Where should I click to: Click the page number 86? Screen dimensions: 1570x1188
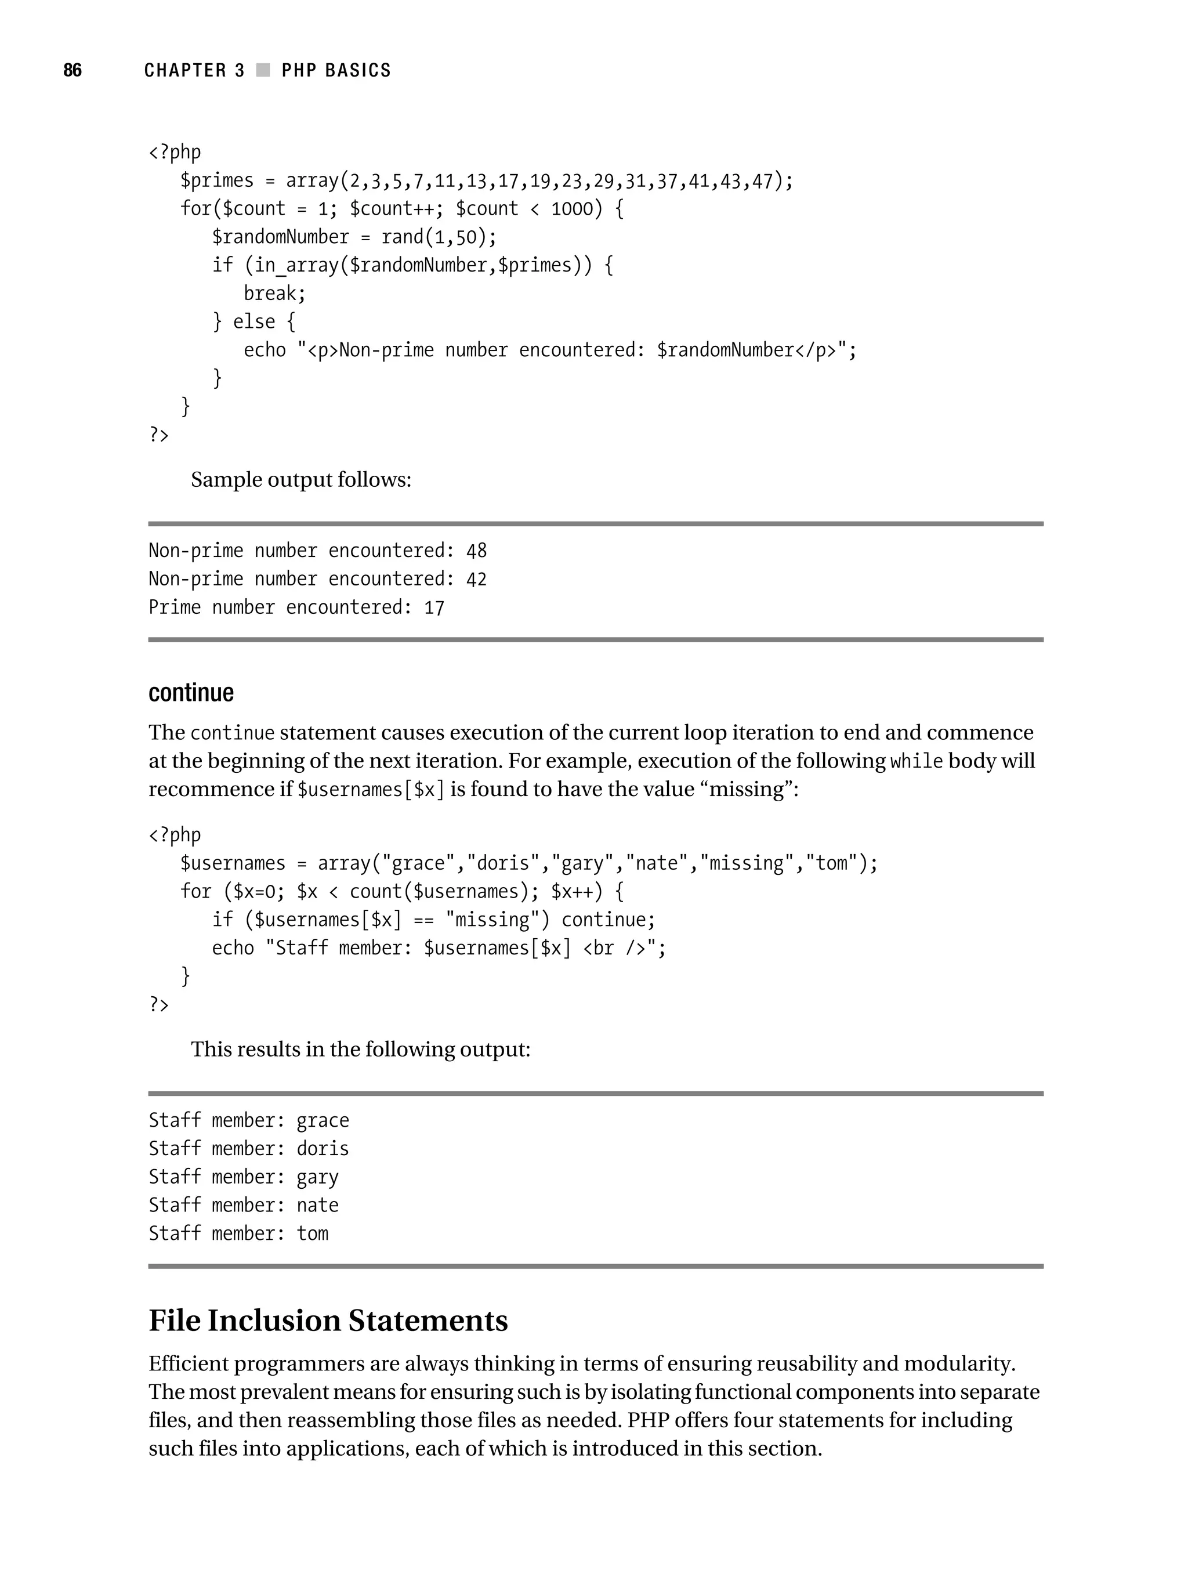(73, 70)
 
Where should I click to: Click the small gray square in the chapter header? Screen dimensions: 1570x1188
(263, 70)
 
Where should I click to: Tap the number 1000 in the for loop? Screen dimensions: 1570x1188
(571, 209)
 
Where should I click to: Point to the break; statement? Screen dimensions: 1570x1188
(274, 294)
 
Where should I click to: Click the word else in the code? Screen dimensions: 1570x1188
(253, 322)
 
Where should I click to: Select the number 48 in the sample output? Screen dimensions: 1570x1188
(476, 551)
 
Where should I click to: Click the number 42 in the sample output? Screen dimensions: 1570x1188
(476, 579)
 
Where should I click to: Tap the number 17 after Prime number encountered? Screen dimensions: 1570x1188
(434, 608)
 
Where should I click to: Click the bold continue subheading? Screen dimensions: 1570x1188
(191, 693)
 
